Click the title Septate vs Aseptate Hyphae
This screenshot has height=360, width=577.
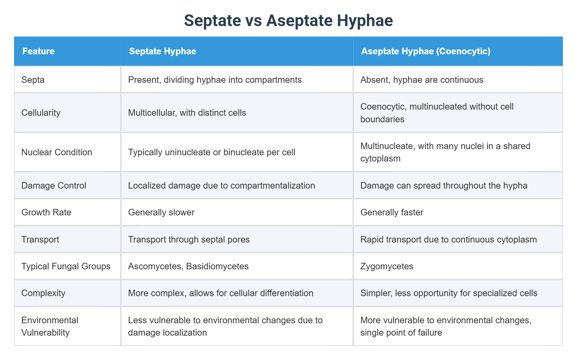point(288,20)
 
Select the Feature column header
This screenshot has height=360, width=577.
point(38,51)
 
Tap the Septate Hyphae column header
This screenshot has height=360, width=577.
point(162,51)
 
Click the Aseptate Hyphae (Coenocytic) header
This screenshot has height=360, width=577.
point(426,51)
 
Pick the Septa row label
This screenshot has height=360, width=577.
point(33,80)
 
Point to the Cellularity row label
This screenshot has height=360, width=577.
point(41,113)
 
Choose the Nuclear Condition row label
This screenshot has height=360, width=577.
point(57,152)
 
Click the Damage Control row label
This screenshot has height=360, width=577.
point(54,185)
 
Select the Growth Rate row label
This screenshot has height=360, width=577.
point(46,212)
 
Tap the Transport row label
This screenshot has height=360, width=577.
point(40,239)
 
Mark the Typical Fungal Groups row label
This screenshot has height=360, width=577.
point(66,266)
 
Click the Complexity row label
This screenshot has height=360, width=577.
point(43,293)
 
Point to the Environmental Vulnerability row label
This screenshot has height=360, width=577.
point(50,326)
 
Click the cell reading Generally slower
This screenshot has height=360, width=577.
point(161,212)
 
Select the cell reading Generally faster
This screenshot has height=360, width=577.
point(392,212)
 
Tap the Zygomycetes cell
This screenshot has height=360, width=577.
point(387,266)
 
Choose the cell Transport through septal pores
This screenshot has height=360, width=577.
point(189,239)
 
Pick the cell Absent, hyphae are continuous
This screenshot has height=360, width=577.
point(422,80)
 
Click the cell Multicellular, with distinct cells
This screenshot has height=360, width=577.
point(187,113)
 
